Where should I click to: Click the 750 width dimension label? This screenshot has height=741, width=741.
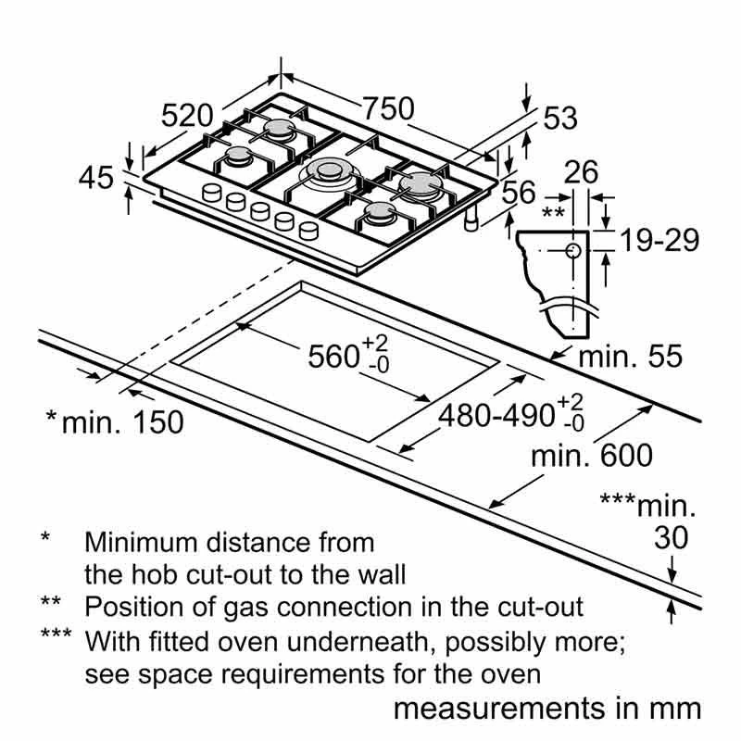pyautogui.click(x=388, y=108)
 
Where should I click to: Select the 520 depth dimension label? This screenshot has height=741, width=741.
pyautogui.click(x=188, y=116)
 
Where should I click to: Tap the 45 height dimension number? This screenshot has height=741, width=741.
pyautogui.click(x=96, y=177)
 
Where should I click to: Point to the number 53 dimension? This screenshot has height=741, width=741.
pyautogui.click(x=559, y=119)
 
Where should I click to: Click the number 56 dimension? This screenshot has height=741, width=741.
pyautogui.click(x=519, y=193)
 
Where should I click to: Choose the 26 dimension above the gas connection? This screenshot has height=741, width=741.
pyautogui.click(x=581, y=172)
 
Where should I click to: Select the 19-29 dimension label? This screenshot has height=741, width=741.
pyautogui.click(x=659, y=240)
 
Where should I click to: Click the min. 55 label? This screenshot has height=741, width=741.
pyautogui.click(x=629, y=357)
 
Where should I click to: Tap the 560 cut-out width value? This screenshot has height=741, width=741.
pyautogui.click(x=335, y=356)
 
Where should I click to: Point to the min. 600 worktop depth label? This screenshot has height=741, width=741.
pyautogui.click(x=592, y=455)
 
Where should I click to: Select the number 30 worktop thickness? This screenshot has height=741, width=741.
pyautogui.click(x=672, y=537)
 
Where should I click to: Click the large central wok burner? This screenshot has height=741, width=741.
pyautogui.click(x=329, y=171)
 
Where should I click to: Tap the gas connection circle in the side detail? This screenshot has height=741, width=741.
pyautogui.click(x=573, y=251)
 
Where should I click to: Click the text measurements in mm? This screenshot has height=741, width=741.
pyautogui.click(x=547, y=710)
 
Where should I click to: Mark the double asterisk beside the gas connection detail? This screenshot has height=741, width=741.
pyautogui.click(x=553, y=212)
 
